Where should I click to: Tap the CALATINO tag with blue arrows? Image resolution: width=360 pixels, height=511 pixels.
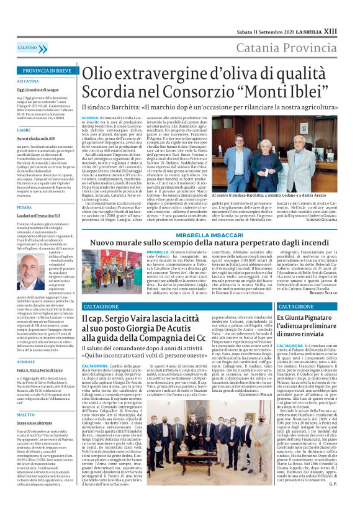(27, 47)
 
